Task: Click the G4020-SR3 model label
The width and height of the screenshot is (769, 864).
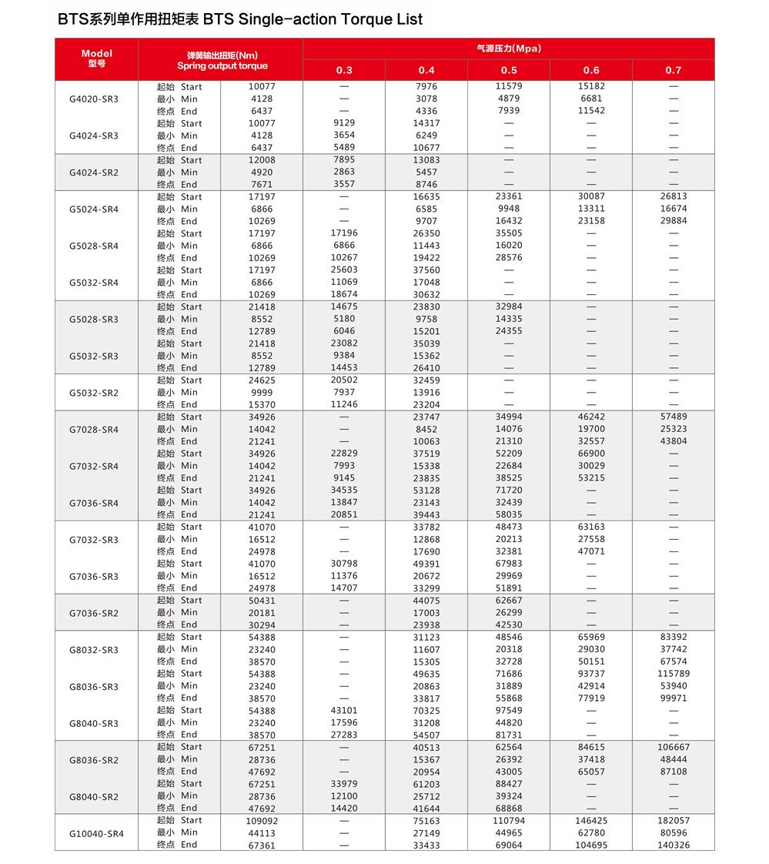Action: (94, 99)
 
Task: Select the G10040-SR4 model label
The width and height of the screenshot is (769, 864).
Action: (96, 833)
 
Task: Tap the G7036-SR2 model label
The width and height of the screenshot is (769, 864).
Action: (94, 613)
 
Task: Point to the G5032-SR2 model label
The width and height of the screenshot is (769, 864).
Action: (94, 393)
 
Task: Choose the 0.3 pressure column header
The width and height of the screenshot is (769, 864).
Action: (344, 70)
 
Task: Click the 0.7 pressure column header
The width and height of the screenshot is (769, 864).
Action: (674, 70)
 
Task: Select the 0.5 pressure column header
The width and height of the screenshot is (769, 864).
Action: (509, 70)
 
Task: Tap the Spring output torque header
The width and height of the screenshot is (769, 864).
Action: (222, 61)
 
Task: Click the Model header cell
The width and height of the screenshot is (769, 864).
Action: (96, 59)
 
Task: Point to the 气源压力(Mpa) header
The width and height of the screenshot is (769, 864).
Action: (509, 49)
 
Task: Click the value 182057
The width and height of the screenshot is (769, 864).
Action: (674, 821)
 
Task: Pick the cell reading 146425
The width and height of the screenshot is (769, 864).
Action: (591, 821)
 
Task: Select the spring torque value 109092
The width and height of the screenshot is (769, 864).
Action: (262, 821)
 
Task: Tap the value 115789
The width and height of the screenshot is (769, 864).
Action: (674, 674)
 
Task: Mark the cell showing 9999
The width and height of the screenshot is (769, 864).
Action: (262, 393)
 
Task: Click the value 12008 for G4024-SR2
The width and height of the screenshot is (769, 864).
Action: (262, 160)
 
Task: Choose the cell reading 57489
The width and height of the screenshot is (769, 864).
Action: (674, 417)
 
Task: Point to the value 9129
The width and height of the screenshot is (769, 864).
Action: (344, 123)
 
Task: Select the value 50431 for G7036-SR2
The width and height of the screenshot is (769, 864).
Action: (262, 601)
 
